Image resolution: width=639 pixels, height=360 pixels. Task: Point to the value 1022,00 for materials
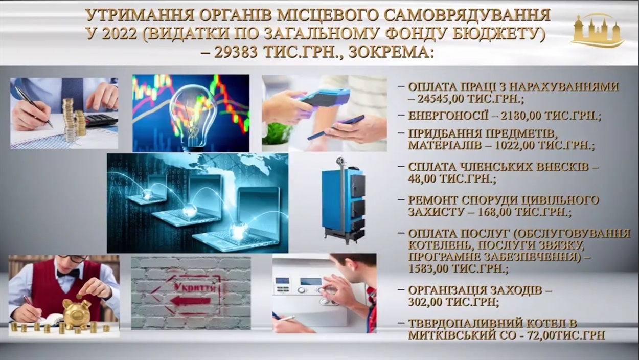click(515, 146)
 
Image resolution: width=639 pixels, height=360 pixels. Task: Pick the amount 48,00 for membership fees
click(422, 179)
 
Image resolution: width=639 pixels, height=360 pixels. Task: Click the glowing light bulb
click(192, 118)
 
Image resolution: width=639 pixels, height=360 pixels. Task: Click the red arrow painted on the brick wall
click(192, 301)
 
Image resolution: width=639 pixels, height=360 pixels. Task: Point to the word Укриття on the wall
click(195, 287)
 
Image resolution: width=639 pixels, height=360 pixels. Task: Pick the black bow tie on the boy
click(68, 274)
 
